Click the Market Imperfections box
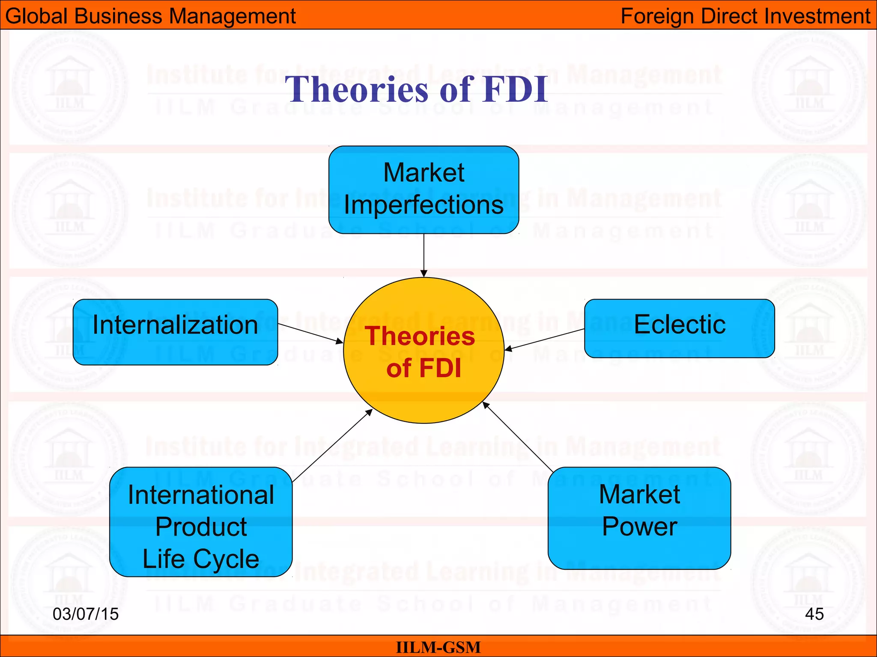coord(424,189)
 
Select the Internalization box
coord(175,332)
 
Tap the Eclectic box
coord(679,328)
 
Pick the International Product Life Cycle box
coord(201,522)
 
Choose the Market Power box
coord(639,518)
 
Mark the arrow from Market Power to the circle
coord(518,436)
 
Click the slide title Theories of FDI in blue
coord(416,89)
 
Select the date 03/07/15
coord(86,614)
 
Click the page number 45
coord(814,614)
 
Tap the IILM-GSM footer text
coord(438,647)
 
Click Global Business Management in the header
coord(150,16)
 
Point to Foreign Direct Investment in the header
coord(745,16)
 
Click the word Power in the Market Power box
coord(639,526)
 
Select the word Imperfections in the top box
coord(424,205)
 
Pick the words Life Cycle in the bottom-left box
coord(201,559)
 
